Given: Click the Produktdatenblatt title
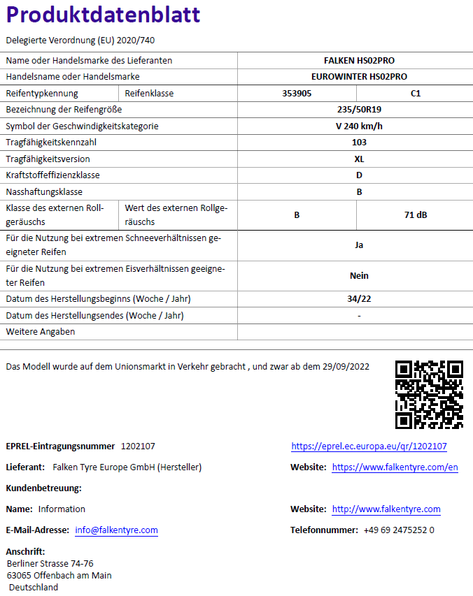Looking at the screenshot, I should pyautogui.click(x=103, y=15).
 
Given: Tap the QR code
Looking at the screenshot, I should pyautogui.click(x=429, y=394).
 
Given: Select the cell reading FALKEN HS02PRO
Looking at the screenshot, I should pyautogui.click(x=359, y=61).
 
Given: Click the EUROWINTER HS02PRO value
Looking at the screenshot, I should pyautogui.click(x=359, y=77).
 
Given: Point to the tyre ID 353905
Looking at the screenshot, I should pyautogui.click(x=297, y=93).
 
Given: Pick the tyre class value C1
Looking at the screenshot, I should pyautogui.click(x=416, y=93).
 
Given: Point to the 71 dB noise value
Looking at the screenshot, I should pyautogui.click(x=416, y=215).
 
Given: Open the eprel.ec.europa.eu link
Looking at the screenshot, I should pyautogui.click(x=369, y=446).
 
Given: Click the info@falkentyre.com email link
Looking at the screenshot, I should pyautogui.click(x=116, y=530).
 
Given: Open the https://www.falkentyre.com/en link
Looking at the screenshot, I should pyautogui.click(x=395, y=467).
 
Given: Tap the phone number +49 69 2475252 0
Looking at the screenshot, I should pyautogui.click(x=399, y=530).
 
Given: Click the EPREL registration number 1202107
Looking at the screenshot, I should pyautogui.click(x=138, y=446).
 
